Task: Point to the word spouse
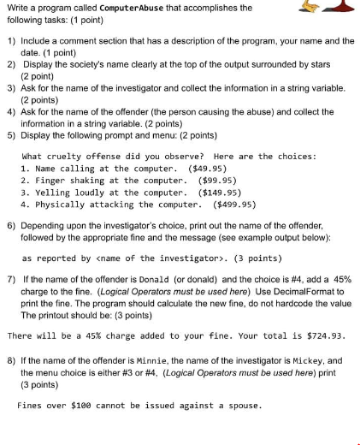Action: (x=235, y=405)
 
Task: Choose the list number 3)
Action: (x=10, y=87)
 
